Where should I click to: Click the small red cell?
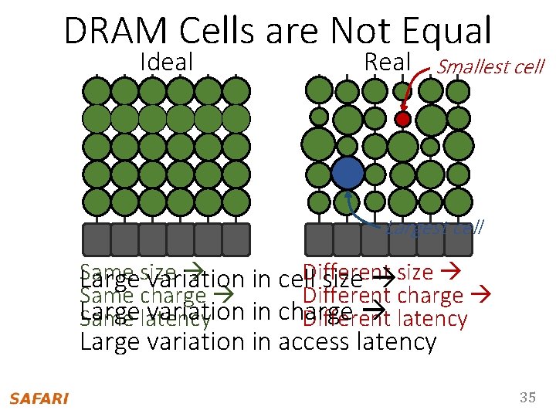(402, 119)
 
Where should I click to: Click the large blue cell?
(348, 173)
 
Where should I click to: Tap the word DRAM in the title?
(115, 32)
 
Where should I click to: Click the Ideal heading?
(167, 63)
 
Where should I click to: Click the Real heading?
(388, 63)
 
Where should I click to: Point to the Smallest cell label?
(490, 67)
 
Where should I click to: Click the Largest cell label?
(436, 227)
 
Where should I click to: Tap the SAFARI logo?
(39, 398)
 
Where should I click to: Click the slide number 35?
(527, 398)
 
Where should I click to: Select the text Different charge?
(383, 295)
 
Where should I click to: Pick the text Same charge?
(144, 295)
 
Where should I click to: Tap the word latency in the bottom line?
(398, 341)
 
